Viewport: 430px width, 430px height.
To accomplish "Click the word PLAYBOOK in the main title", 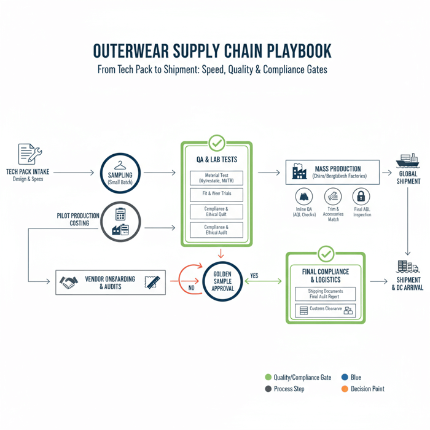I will [x=297, y=50].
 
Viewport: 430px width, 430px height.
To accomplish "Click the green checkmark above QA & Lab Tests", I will [x=216, y=143].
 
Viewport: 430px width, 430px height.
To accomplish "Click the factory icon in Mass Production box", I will [x=299, y=172].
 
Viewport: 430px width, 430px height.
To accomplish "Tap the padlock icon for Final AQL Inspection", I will [x=361, y=197].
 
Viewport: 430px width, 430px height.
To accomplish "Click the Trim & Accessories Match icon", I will [x=333, y=197].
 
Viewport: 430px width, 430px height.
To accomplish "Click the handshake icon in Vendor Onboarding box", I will [x=68, y=282].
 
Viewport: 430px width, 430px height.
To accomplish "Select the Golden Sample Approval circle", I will [x=222, y=281].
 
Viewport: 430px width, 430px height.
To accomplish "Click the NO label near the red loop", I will [x=190, y=287].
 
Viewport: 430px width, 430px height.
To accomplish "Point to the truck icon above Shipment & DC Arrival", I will [x=407, y=267].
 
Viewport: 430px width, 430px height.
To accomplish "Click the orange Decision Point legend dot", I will [x=345, y=389].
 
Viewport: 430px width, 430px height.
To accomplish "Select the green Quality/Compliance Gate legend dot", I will [x=268, y=377].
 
